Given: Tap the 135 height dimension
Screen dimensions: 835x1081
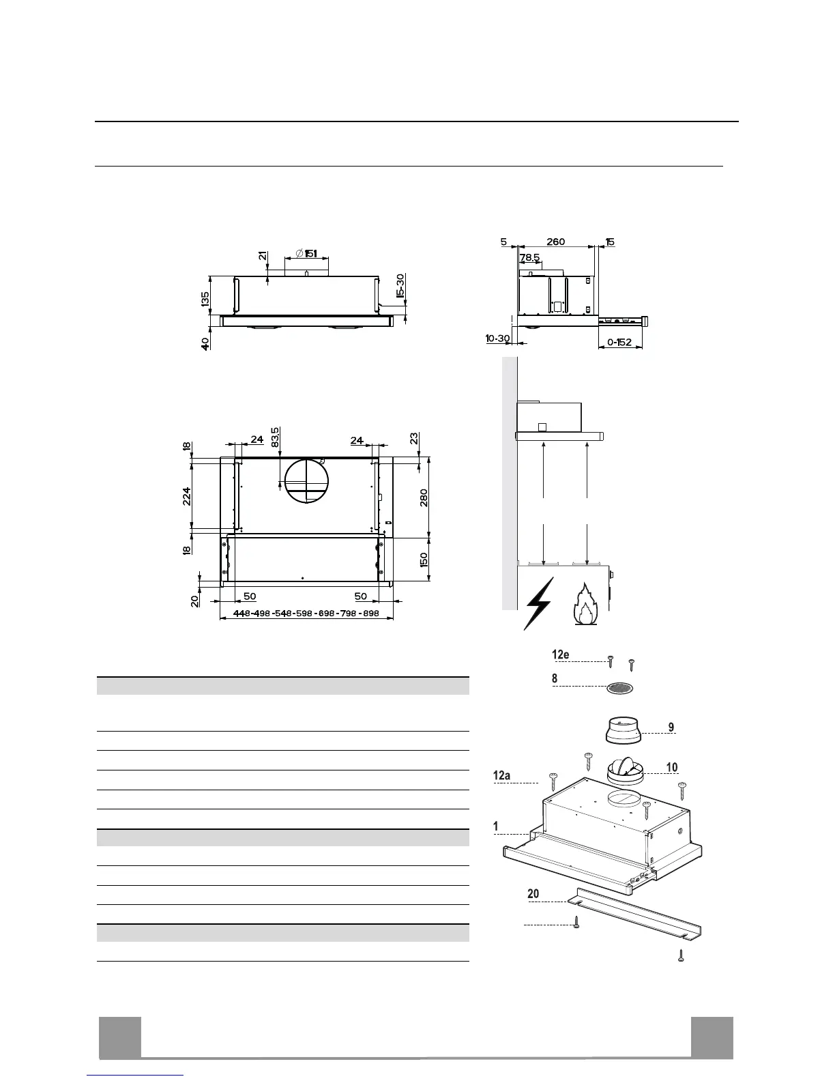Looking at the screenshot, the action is coord(205,299).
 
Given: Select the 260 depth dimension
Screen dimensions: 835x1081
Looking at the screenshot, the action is coord(555,242).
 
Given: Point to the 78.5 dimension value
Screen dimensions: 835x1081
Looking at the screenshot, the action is coord(530,258).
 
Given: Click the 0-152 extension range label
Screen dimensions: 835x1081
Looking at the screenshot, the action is coord(619,342).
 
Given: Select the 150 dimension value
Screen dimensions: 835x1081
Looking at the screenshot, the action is coord(424,560).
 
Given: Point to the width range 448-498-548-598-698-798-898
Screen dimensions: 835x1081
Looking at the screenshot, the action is coord(306,614).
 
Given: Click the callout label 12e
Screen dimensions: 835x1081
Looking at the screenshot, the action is coord(561,655).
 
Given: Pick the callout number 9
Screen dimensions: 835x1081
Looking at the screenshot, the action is coord(671,727).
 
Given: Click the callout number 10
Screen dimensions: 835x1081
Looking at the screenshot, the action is coord(671,768).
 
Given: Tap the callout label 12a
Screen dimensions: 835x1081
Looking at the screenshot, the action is coord(503,775).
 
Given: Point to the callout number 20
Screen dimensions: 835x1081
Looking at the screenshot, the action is coord(533,894).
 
